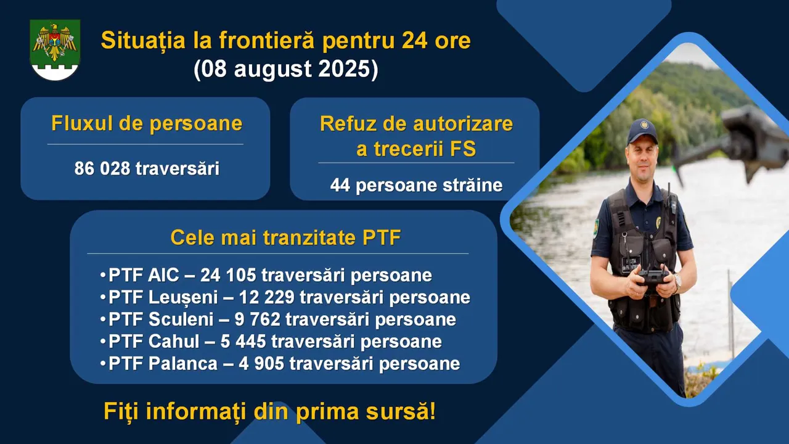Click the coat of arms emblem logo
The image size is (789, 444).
point(55,50)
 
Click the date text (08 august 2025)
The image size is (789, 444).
point(285,68)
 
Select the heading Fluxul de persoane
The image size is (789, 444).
point(147,124)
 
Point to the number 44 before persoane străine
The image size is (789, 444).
point(340,185)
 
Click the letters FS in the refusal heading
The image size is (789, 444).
point(462,149)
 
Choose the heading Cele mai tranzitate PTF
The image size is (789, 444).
point(285,237)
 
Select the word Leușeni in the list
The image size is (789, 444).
point(183,298)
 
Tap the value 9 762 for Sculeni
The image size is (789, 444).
point(258,319)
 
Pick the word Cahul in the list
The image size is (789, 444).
point(174,342)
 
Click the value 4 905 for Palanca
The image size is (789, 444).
point(261,364)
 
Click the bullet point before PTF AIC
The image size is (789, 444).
point(103,275)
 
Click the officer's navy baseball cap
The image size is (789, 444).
point(642,131)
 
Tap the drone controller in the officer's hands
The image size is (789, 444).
point(653,276)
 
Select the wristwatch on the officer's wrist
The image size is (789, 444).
point(677,281)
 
